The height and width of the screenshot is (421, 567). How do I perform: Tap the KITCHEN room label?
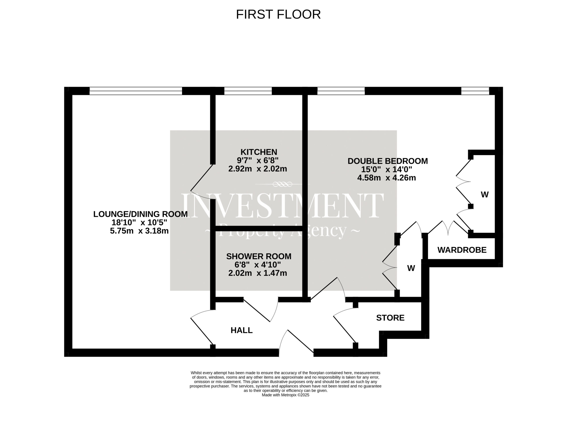pyautogui.click(x=259, y=152)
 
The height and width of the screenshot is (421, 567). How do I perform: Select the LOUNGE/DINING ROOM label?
pyautogui.click(x=140, y=214)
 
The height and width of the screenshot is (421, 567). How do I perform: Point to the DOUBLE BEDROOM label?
pyautogui.click(x=388, y=161)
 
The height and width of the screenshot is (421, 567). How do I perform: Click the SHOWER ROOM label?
pyautogui.click(x=259, y=256)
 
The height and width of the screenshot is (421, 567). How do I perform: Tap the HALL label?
pyautogui.click(x=241, y=330)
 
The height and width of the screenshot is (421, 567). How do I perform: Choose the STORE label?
pyautogui.click(x=390, y=318)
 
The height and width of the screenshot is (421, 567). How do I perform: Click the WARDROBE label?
pyautogui.click(x=462, y=250)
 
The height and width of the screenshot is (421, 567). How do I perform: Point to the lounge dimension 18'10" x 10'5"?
pyautogui.click(x=139, y=222)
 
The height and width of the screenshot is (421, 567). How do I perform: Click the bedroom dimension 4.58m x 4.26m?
pyautogui.click(x=387, y=178)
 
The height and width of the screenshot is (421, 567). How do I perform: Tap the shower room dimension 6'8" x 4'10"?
pyautogui.click(x=258, y=265)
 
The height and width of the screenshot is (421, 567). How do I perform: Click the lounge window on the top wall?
pyautogui.click(x=136, y=91)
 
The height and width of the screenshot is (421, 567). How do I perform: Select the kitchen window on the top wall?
pyautogui.click(x=248, y=91)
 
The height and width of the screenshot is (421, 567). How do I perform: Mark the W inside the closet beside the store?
pyautogui.click(x=411, y=268)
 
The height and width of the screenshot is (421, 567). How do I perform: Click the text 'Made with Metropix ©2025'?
pyautogui.click(x=285, y=395)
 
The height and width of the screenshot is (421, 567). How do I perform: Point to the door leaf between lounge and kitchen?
pyautogui.click(x=202, y=178)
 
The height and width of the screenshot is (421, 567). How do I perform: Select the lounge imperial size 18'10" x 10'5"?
pyautogui.click(x=139, y=222)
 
